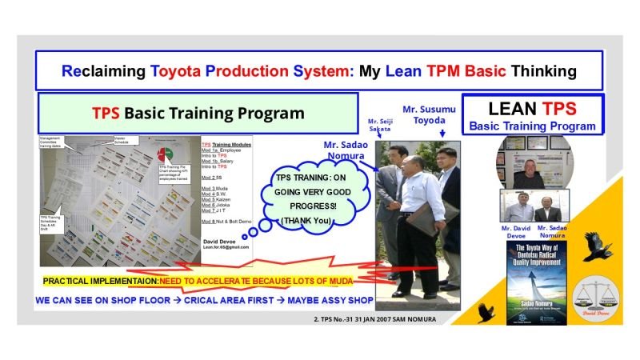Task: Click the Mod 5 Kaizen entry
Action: (219, 198)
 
